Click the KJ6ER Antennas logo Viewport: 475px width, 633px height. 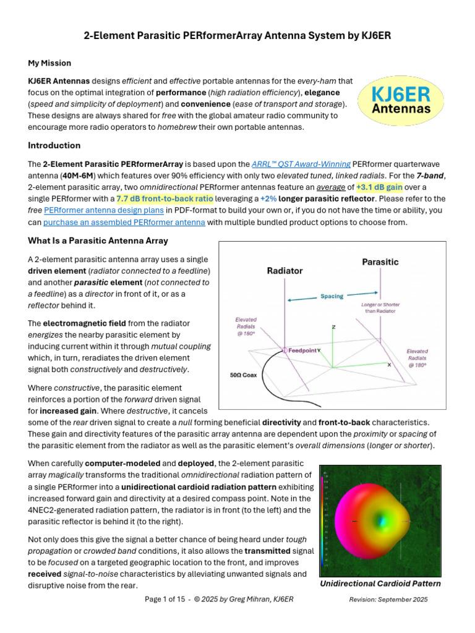coord(400,101)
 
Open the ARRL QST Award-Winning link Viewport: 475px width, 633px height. coord(301,164)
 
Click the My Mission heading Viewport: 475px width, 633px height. coord(49,63)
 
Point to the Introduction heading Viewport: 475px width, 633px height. coord(54,145)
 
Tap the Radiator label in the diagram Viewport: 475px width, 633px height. coord(285,271)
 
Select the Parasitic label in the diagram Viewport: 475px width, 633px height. coord(380,262)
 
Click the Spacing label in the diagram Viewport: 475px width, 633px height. coord(332,297)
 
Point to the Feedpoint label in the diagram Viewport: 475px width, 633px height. coord(302,350)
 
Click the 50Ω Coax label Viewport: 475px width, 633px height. coord(240,375)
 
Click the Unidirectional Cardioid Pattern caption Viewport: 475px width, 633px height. coord(380,584)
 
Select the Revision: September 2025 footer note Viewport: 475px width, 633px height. coord(388,600)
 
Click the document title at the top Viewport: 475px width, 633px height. coord(237,36)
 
